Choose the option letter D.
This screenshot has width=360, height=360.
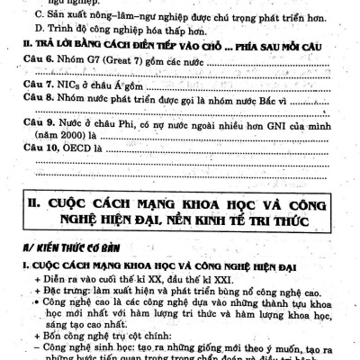[35, 30]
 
